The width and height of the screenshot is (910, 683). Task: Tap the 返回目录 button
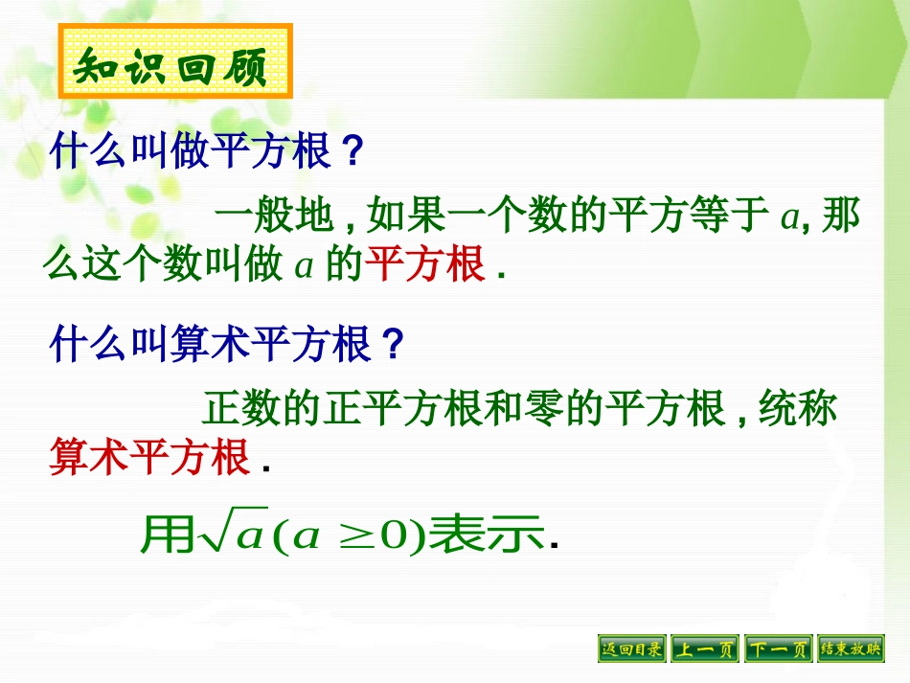coord(631,649)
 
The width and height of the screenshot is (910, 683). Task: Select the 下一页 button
coord(779,649)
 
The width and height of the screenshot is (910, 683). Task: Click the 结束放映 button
coord(852,649)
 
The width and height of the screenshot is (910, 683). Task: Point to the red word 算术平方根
coord(148,458)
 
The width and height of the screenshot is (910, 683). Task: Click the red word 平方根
coord(426,265)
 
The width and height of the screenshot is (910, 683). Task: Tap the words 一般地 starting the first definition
coord(274,217)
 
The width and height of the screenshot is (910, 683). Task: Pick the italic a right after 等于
coord(788,219)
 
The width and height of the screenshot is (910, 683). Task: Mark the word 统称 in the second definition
coord(798,410)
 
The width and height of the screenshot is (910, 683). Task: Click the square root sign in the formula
coord(213,535)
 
